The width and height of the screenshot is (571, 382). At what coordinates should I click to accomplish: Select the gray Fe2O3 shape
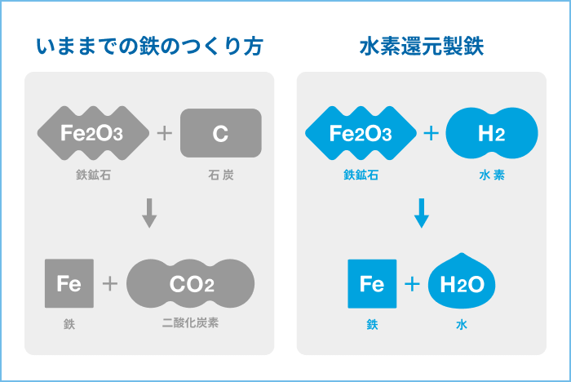(x=93, y=133)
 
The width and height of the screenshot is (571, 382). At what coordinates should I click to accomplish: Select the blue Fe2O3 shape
(x=361, y=133)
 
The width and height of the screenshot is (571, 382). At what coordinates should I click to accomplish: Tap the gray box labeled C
(x=220, y=133)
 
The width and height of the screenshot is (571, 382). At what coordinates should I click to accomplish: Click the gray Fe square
(x=69, y=283)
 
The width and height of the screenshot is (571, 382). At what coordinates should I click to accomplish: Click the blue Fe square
(x=372, y=283)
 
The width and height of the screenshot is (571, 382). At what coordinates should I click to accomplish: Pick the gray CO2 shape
(x=191, y=283)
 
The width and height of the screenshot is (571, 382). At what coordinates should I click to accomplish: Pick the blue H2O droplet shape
(x=463, y=283)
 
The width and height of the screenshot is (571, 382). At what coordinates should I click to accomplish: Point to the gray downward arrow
(x=148, y=213)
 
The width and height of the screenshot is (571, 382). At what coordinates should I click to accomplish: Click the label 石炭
(x=220, y=175)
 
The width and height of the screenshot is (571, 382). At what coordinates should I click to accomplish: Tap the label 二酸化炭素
(x=191, y=324)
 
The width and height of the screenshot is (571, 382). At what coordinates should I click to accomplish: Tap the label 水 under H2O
(x=462, y=324)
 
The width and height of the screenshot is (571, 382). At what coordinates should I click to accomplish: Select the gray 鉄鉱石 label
(x=93, y=175)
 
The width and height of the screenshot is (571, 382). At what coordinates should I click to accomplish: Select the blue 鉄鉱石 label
(x=361, y=175)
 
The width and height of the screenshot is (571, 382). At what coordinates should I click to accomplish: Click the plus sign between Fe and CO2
(x=110, y=283)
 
